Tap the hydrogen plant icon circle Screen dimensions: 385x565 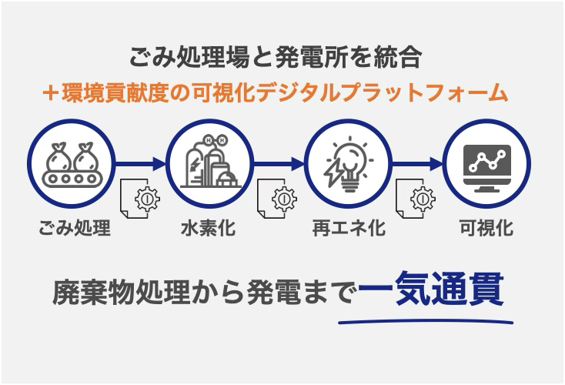pyautogui.click(x=209, y=164)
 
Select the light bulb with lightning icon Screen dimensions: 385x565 pyautogui.click(x=348, y=164)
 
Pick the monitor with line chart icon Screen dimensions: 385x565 pyautogui.click(x=486, y=164)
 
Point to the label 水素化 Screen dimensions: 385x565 pyautogui.click(x=208, y=229)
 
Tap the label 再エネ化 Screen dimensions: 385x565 pyautogui.click(x=349, y=229)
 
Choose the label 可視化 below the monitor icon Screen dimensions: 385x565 pyautogui.click(x=486, y=229)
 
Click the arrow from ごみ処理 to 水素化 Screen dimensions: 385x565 pyautogui.click(x=142, y=163)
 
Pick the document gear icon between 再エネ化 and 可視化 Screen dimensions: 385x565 pyautogui.click(x=416, y=199)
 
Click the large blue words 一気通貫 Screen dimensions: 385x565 pyautogui.click(x=431, y=290)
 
